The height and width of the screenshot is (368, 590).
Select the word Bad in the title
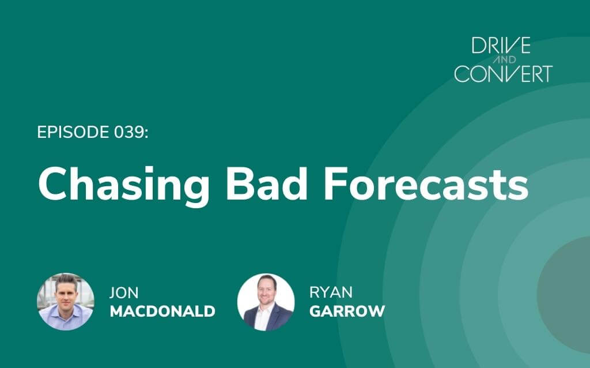(266, 184)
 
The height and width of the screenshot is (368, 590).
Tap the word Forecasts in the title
(426, 184)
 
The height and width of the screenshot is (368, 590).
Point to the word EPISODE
(73, 132)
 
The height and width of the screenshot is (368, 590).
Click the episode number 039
(128, 132)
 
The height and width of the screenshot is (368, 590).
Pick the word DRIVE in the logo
(501, 46)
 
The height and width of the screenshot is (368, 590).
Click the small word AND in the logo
(504, 59)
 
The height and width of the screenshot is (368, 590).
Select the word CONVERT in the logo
(504, 73)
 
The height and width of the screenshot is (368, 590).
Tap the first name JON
(124, 292)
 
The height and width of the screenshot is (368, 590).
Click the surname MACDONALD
(162, 311)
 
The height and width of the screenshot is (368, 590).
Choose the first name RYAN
(331, 292)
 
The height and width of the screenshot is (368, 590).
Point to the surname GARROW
(347, 311)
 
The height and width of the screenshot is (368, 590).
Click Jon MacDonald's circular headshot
(66, 302)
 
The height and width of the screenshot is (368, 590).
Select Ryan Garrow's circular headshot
(266, 302)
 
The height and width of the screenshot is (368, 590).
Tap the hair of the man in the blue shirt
(66, 280)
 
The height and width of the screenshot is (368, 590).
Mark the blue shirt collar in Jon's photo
(66, 310)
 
